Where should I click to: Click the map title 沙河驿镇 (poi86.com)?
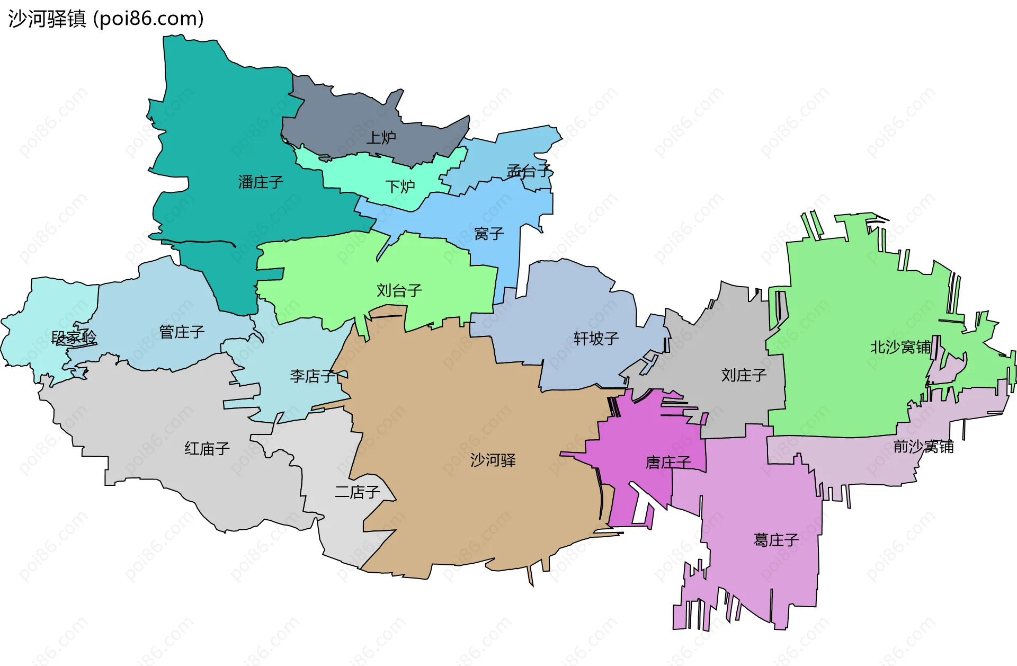[106, 19]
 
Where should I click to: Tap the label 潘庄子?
[261, 182]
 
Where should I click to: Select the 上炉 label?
[381, 138]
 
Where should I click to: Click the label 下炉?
[400, 187]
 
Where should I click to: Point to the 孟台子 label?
[529, 171]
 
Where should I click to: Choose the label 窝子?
[489, 234]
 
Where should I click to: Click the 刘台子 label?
[399, 290]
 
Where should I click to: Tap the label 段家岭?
[74, 338]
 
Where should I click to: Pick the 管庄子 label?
[182, 332]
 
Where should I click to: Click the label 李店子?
[313, 376]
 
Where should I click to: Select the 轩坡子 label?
[596, 339]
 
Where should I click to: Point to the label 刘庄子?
[744, 375]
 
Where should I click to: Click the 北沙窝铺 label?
[900, 347]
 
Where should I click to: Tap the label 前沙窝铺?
[923, 447]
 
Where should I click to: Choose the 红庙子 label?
[207, 449]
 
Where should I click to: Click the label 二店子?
[358, 492]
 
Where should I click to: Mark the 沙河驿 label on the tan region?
[493, 460]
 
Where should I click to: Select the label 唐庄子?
[668, 463]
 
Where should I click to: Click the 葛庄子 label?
[776, 540]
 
